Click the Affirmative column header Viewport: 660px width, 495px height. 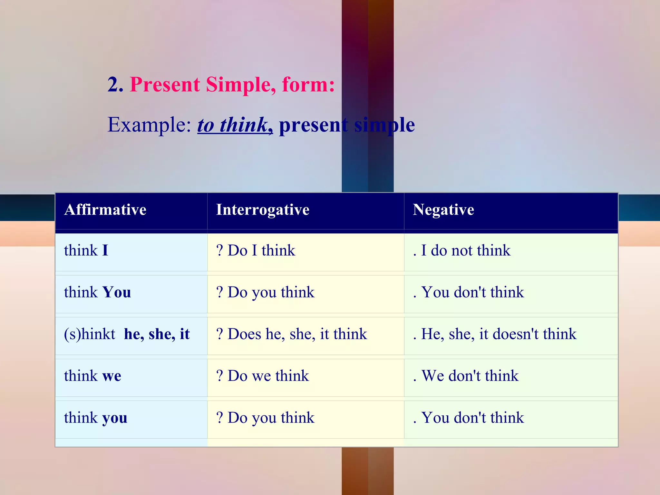pos(105,210)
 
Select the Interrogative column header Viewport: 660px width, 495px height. pos(263,210)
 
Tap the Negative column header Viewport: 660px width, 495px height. pos(443,210)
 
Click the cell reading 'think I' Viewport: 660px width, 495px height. pos(86,251)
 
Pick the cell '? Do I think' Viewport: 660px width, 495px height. pos(256,251)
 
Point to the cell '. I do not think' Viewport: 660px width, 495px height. pos(462,251)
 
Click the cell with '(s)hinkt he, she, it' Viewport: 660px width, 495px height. pos(127,334)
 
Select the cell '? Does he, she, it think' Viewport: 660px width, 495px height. pos(292,334)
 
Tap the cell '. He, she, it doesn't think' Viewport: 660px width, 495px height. pos(495,334)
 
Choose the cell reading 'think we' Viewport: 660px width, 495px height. pos(92,376)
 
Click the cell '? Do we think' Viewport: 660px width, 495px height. pos(263,376)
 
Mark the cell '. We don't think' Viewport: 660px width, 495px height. pos(466,376)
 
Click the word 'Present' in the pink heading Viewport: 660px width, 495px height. pos(165,85)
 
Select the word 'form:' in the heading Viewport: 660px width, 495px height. pos(308,85)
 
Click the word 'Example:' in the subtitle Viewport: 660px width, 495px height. pos(149,125)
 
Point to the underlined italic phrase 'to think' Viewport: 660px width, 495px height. pos(232,125)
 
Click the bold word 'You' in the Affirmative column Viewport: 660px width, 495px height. pos(116,293)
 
